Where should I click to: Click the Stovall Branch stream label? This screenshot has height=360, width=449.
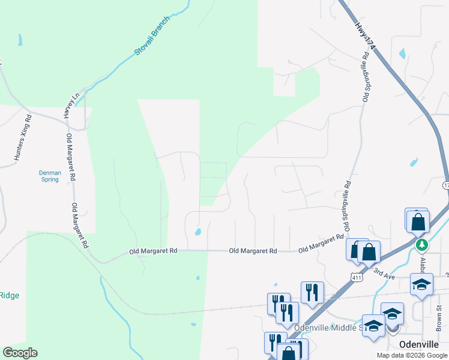click(152, 37)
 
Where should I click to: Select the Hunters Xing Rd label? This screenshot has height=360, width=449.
click(22, 138)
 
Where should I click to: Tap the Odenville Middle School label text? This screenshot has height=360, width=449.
click(328, 328)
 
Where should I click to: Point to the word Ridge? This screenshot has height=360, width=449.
click(9, 295)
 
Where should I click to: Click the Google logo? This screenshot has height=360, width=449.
click(20, 353)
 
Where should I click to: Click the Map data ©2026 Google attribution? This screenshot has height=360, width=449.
click(411, 355)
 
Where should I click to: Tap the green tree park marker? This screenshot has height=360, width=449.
click(422, 245)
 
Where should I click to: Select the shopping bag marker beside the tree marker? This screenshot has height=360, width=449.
click(418, 221)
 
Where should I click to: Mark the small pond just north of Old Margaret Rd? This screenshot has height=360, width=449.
click(198, 232)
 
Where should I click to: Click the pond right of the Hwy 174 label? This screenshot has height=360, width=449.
click(402, 53)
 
